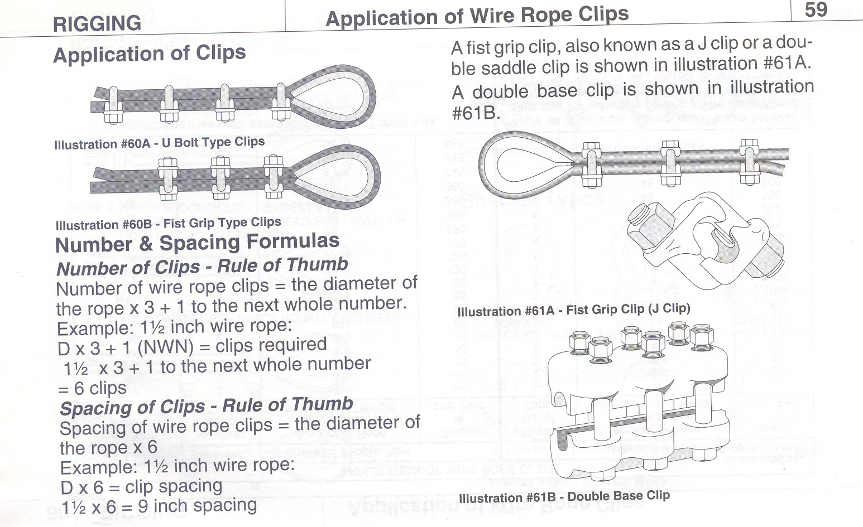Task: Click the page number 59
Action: click(x=816, y=10)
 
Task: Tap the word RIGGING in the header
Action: click(x=97, y=24)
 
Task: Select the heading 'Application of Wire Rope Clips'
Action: click(x=477, y=16)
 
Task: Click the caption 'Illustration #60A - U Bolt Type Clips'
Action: click(x=159, y=143)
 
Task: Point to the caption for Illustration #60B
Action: click(x=168, y=224)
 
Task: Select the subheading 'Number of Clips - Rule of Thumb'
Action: click(x=202, y=266)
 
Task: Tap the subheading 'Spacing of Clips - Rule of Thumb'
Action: click(x=206, y=406)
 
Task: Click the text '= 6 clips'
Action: click(x=92, y=388)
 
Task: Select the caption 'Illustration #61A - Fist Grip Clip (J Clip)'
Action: click(x=573, y=310)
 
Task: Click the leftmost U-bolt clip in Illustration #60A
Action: click(x=113, y=104)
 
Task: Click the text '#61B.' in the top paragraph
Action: click(x=474, y=112)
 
